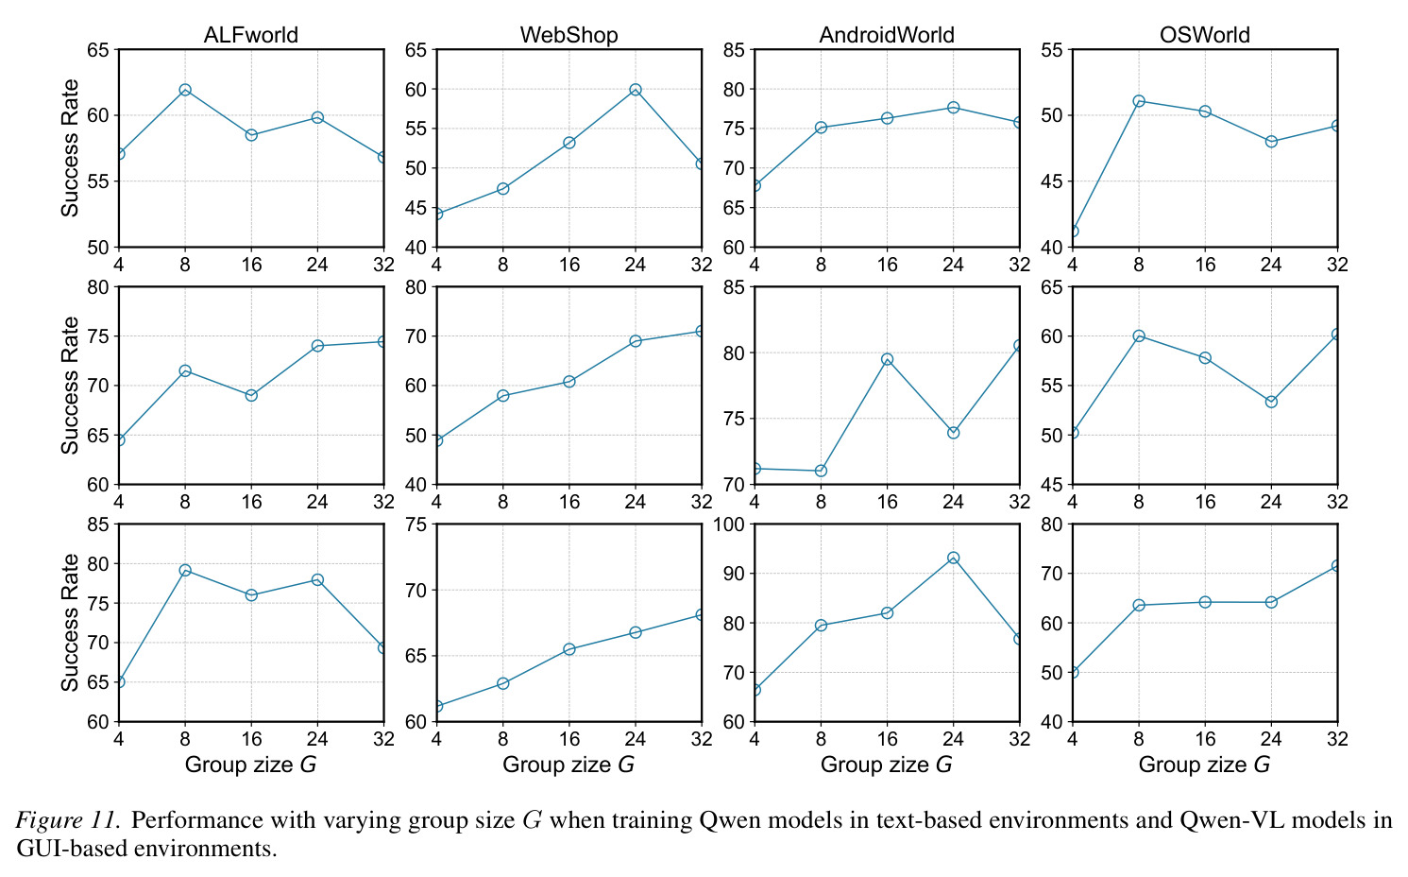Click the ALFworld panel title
251,35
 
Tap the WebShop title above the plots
568,35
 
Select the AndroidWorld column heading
887,35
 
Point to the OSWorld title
1205,35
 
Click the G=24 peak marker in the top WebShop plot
635,90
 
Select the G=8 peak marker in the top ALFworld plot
185,90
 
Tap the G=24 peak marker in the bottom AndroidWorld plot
953,558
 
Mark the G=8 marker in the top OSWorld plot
1138,101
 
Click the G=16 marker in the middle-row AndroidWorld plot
887,359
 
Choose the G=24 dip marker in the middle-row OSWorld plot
1271,402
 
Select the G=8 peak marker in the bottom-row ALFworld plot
185,570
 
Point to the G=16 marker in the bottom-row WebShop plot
568,648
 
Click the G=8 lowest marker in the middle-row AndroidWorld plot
821,471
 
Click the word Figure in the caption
48,821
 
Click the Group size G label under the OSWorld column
1204,765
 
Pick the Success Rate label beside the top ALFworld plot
70,147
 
